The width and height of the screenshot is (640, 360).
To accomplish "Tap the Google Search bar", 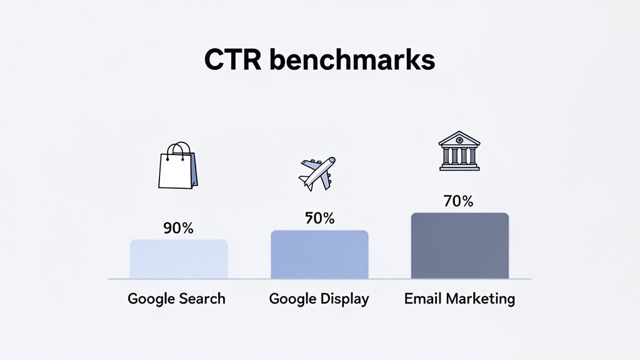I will pyautogui.click(x=179, y=259).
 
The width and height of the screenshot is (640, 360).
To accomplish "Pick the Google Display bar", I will pyautogui.click(x=319, y=254).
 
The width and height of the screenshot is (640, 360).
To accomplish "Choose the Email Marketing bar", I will pyautogui.click(x=459, y=246).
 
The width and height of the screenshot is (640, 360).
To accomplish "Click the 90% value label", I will pyautogui.click(x=178, y=228).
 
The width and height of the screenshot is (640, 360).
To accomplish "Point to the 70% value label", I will pyautogui.click(x=458, y=202).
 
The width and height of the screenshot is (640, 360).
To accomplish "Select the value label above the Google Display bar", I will pyautogui.click(x=319, y=218).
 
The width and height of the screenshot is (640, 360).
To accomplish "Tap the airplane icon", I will pyautogui.click(x=317, y=173).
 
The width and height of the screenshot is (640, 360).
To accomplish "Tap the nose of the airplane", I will pyautogui.click(x=332, y=160).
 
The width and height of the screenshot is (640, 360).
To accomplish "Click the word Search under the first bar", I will pyautogui.click(x=201, y=299).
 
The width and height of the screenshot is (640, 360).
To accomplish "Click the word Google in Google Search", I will pyautogui.click(x=151, y=299).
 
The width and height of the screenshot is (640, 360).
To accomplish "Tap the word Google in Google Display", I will pyautogui.click(x=292, y=299).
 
